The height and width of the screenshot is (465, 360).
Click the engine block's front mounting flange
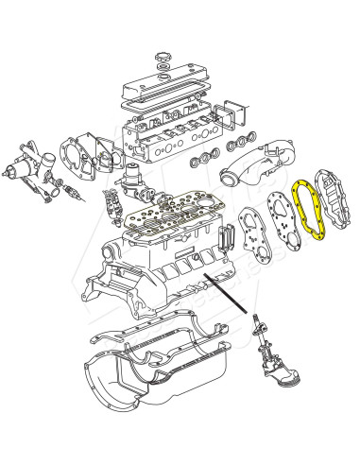113,284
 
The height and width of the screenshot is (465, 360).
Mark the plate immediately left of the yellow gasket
280,232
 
